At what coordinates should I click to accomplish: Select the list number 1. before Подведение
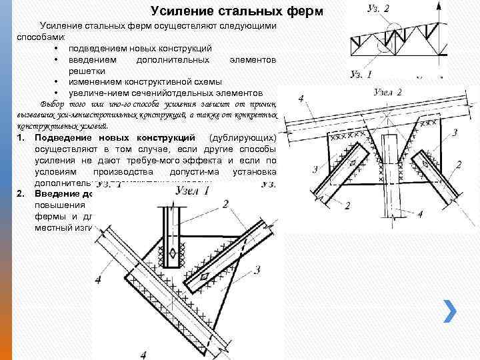[21, 137]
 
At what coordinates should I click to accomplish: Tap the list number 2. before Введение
[21, 193]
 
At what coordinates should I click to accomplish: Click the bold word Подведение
[61, 137]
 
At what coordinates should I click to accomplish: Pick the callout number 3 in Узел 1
[257, 269]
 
